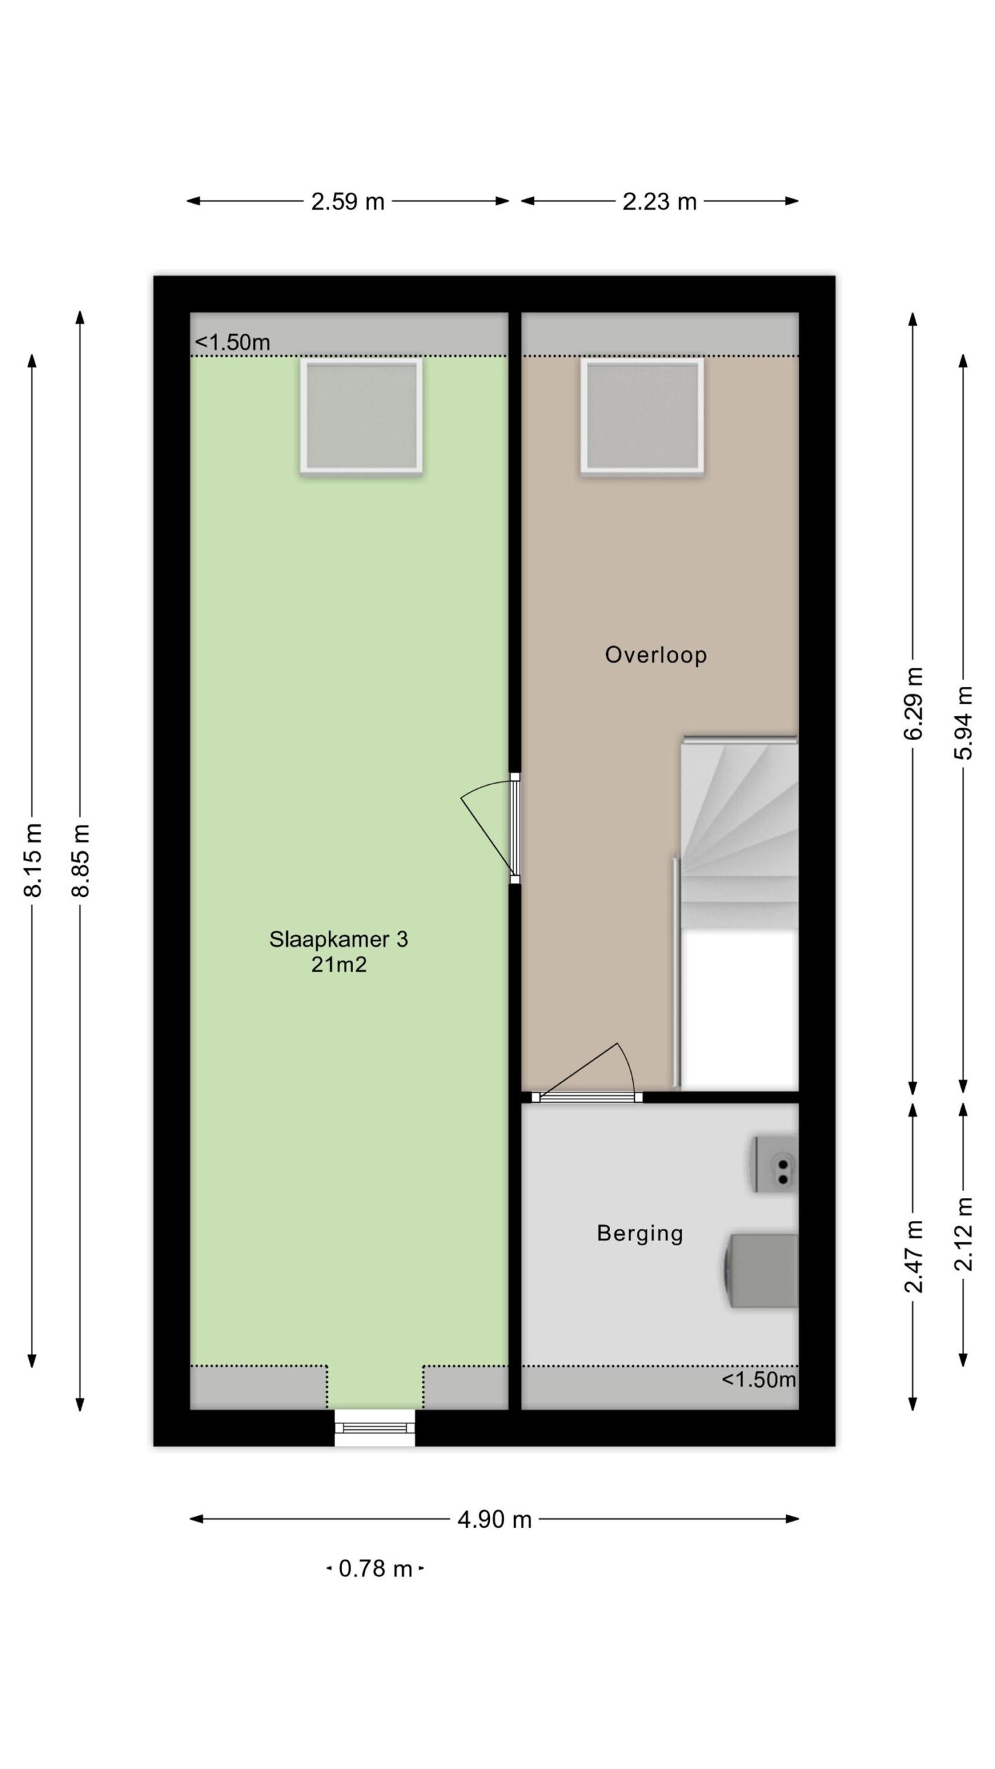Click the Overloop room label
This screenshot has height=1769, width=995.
[656, 654]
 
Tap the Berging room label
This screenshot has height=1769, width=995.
[640, 1233]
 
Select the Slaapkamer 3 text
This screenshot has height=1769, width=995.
[339, 939]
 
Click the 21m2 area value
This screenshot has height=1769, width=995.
[339, 965]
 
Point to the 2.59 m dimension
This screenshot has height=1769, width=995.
[348, 202]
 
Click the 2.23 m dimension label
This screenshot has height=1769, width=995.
[659, 202]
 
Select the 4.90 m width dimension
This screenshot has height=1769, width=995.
[494, 1520]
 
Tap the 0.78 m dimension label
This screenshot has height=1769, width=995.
[375, 1569]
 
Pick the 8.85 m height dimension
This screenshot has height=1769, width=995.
[81, 860]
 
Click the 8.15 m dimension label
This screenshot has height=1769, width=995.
[32, 860]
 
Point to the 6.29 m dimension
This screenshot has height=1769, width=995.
[913, 703]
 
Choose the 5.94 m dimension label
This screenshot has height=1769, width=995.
[963, 723]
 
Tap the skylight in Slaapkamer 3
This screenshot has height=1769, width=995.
[361, 416]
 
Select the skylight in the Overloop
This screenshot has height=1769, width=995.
[643, 416]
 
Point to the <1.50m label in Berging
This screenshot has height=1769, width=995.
[759, 1380]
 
